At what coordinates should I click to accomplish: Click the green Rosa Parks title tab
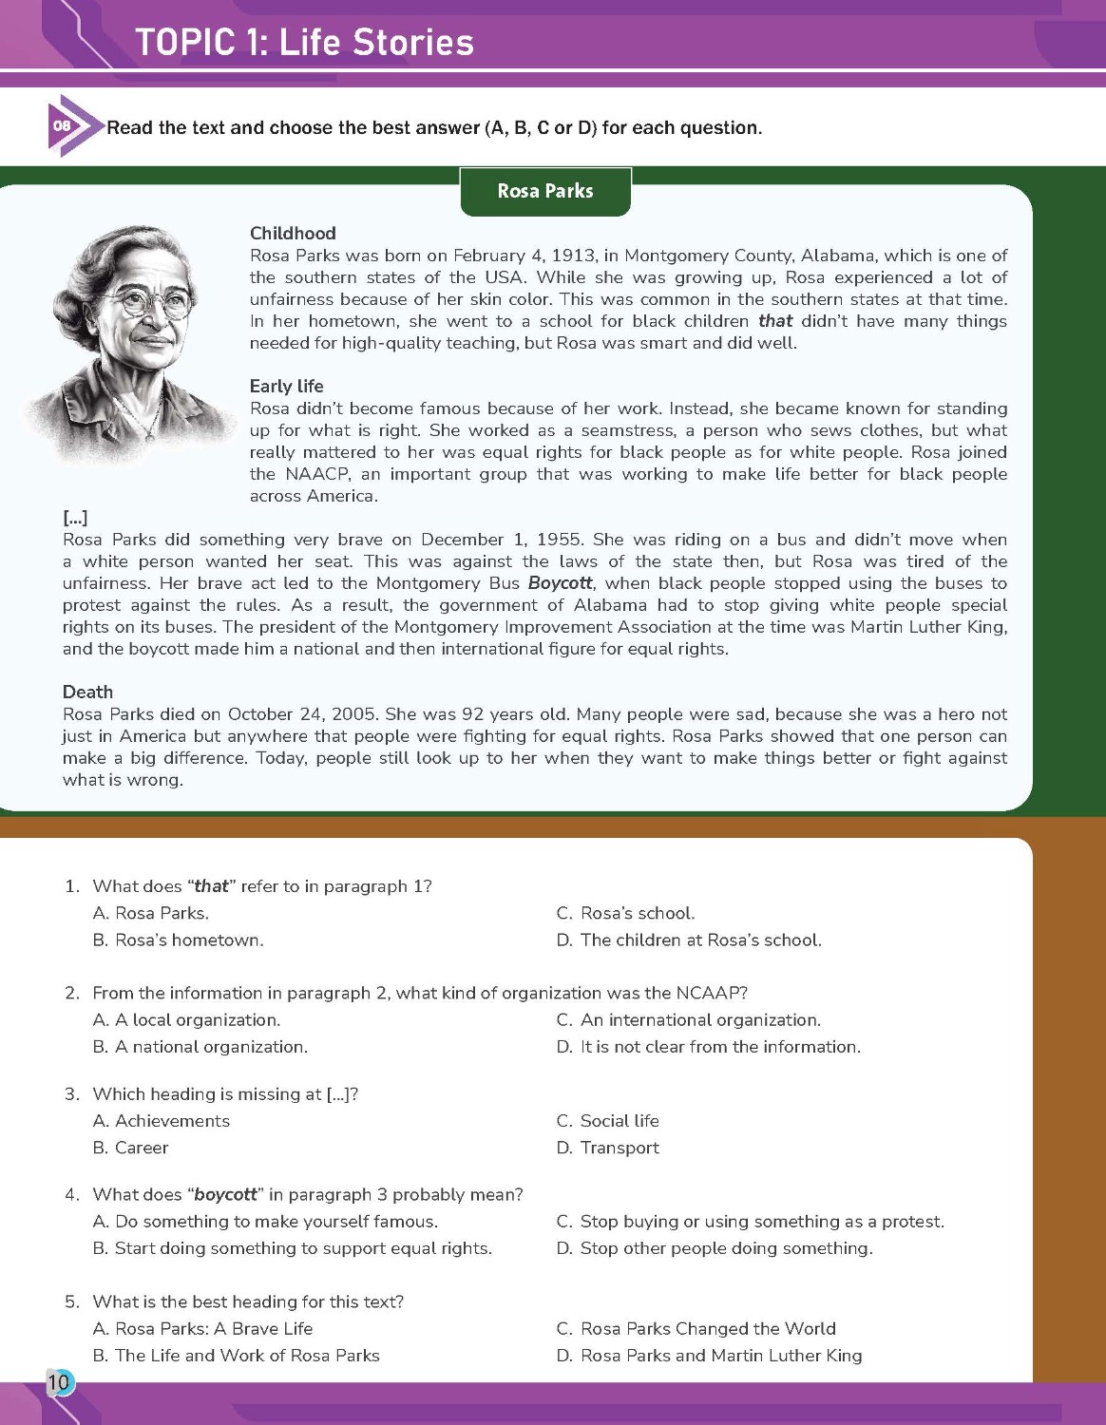pos(545,191)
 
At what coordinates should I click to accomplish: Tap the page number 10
pos(59,1381)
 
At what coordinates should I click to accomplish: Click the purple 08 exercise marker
pos(63,125)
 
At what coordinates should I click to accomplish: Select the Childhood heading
pos(293,233)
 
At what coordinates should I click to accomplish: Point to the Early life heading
pos(286,386)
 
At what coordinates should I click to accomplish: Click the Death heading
pos(87,692)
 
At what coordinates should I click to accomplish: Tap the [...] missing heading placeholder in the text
pos(75,518)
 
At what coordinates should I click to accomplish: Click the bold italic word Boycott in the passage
pos(560,583)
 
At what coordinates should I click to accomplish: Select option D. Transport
pos(607,1148)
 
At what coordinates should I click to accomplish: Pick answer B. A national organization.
pos(200,1047)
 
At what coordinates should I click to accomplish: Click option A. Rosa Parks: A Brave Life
pos(202,1328)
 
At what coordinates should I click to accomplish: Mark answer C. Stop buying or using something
pos(750,1222)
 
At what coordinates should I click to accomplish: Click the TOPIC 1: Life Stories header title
pos(304,43)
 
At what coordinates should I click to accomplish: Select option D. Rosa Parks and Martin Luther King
pos(709,1356)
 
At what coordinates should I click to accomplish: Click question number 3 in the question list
pos(72,1094)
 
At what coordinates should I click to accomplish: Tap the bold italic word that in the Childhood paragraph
pos(775,321)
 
